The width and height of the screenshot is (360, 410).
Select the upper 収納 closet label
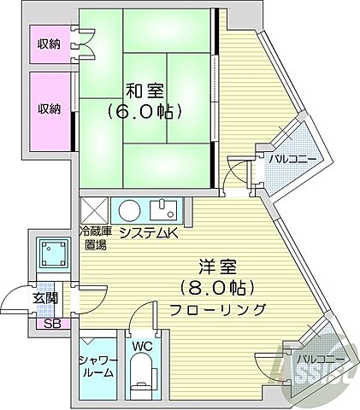[49, 43]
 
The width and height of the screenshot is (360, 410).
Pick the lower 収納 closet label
[49, 108]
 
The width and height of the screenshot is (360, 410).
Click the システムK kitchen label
[146, 232]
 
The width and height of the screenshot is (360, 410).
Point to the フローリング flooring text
[219, 309]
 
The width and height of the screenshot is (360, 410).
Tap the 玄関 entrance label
[45, 298]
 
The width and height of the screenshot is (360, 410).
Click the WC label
[142, 346]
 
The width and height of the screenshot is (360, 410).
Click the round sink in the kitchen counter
[129, 210]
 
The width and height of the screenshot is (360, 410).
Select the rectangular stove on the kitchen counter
[163, 208]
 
